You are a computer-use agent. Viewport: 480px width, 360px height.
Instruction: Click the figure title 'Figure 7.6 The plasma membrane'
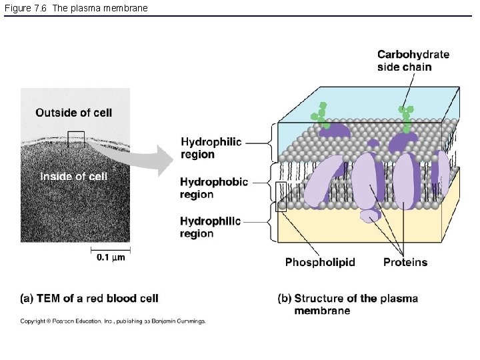pyautogui.click(x=77, y=8)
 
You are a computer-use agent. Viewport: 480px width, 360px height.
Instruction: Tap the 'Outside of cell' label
pyautogui.click(x=73, y=113)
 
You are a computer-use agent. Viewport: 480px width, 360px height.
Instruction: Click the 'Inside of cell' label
pyautogui.click(x=73, y=176)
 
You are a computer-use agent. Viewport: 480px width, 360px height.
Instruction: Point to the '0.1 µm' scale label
pyautogui.click(x=110, y=258)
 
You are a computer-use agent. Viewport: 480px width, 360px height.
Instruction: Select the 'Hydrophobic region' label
pyautogui.click(x=213, y=188)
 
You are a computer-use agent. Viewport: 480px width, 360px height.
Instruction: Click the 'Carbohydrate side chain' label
pyautogui.click(x=413, y=60)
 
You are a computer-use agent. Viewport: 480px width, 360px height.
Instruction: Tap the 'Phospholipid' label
pyautogui.click(x=320, y=262)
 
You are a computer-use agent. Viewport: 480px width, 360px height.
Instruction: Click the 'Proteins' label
pyautogui.click(x=405, y=262)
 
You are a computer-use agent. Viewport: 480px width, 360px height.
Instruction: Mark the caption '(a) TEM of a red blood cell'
pyautogui.click(x=89, y=298)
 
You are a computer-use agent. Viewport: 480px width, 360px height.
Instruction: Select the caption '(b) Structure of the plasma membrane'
pyautogui.click(x=348, y=304)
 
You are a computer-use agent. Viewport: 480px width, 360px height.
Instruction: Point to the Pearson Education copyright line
pyautogui.click(x=113, y=321)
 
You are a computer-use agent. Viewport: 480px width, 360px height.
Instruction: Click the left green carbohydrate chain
pyautogui.click(x=321, y=116)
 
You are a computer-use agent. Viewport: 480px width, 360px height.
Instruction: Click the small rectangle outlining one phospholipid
pyautogui.click(x=281, y=196)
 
